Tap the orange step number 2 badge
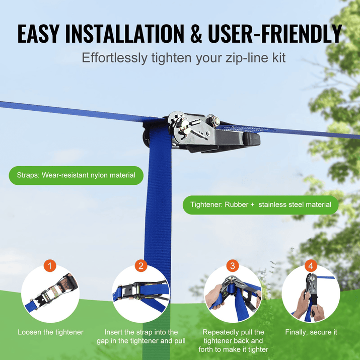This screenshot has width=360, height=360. (140, 266)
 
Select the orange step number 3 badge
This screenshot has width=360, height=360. (232, 265)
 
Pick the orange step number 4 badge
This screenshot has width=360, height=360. (311, 265)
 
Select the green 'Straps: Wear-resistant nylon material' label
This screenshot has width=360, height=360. (75, 175)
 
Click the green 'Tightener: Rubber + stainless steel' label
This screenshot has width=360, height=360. (261, 205)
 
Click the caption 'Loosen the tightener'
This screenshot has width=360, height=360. (50, 332)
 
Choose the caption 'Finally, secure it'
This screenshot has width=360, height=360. (311, 332)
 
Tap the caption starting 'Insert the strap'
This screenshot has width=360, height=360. (141, 336)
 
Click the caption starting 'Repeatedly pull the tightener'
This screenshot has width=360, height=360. (233, 341)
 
